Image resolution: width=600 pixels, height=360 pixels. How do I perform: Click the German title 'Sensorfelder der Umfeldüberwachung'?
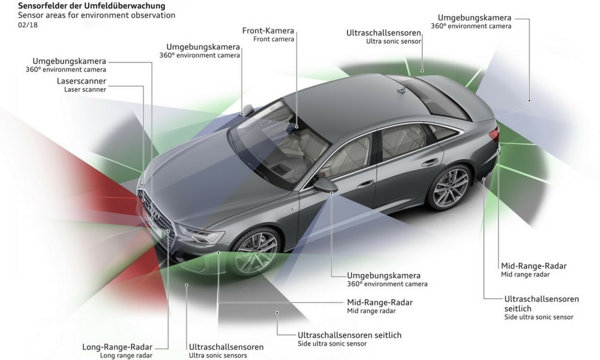91,6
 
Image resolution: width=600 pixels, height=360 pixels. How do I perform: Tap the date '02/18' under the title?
28,25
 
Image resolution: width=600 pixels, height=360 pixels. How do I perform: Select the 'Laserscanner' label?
82,81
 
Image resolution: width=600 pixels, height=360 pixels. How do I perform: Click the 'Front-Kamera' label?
268,31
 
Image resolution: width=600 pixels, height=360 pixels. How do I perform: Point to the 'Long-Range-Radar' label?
118,347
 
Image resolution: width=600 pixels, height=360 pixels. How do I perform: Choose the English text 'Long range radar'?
126,355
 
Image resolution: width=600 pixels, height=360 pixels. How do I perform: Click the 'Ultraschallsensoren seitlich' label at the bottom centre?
350,335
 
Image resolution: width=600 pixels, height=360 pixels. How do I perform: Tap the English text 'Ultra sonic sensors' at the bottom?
218,355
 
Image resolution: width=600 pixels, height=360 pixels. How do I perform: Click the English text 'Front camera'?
274,39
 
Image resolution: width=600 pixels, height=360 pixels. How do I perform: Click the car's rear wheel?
449,187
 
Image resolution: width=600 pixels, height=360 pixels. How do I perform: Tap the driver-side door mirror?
325,185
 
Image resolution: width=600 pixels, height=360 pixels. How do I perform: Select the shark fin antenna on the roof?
402,90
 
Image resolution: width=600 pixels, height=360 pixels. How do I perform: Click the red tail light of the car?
494,134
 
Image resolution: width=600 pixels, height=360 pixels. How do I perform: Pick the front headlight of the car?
201,234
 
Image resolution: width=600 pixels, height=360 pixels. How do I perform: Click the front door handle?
365,184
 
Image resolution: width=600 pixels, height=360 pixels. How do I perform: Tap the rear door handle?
430,162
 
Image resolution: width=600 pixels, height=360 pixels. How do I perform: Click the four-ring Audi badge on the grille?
152,210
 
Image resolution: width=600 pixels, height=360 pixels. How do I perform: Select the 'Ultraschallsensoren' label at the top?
384,33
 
